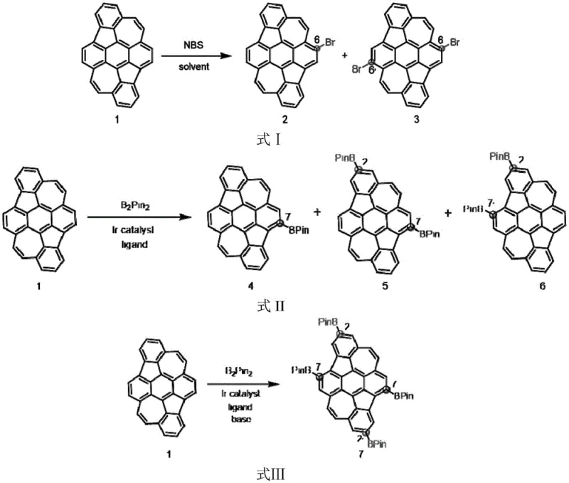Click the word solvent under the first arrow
coord(193,68)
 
